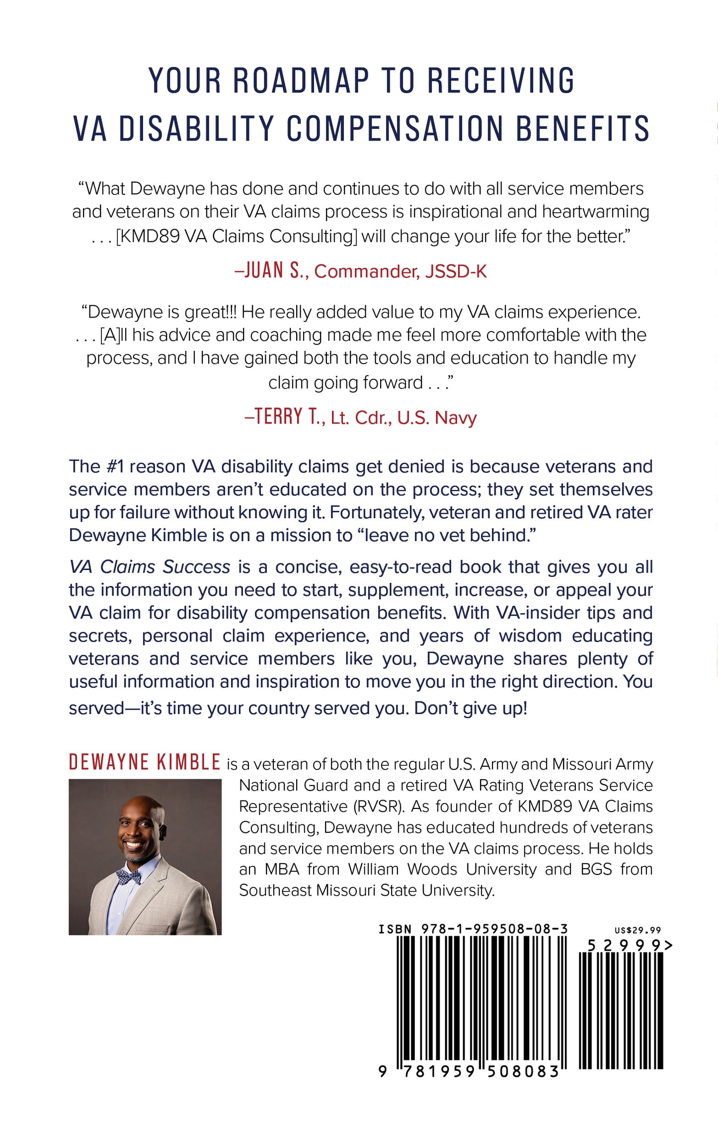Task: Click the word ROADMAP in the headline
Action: pos(301,81)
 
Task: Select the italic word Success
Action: pos(197,567)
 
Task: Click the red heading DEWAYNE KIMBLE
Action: pos(145,763)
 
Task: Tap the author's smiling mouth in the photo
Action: pos(133,843)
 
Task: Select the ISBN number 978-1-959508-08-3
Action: pos(494,929)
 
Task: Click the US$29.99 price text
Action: pos(638,930)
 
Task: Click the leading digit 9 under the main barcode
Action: pos(382,1072)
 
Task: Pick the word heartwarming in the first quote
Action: pos(595,212)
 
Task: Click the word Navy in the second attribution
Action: pos(456,418)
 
